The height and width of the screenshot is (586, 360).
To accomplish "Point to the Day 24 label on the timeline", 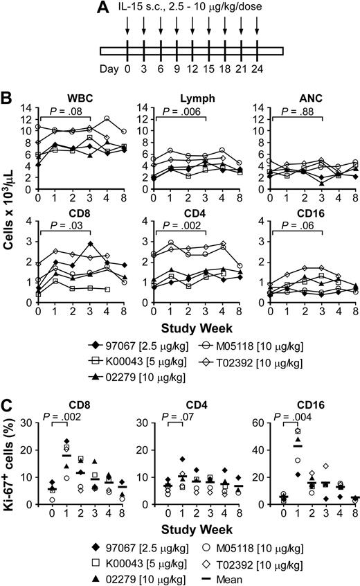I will tap(257, 69).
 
